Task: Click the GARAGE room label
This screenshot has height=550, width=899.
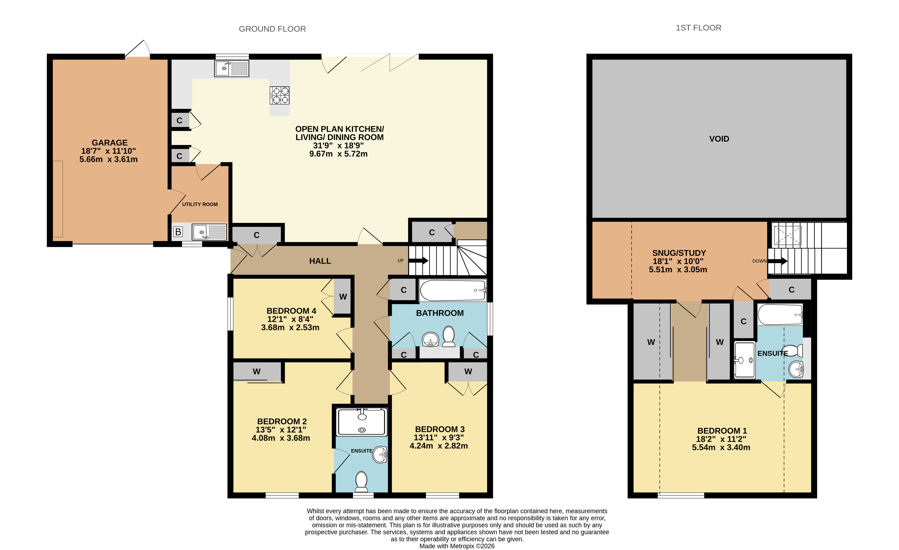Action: tap(109, 143)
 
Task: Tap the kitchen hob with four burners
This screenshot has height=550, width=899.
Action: tap(279, 96)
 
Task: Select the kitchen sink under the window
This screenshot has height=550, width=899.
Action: tap(232, 69)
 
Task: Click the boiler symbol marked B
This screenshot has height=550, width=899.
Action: tap(178, 232)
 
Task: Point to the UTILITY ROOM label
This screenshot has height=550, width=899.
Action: tap(200, 204)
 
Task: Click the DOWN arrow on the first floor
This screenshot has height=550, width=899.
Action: tap(777, 261)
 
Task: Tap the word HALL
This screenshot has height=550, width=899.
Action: tap(320, 261)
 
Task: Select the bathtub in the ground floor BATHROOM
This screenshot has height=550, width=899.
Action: tap(453, 290)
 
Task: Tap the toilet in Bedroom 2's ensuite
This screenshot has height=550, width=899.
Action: tap(361, 481)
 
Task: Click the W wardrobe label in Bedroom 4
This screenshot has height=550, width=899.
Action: tap(343, 297)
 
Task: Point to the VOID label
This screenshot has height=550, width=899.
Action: tap(719, 139)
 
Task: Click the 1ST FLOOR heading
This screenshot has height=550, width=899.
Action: tap(698, 28)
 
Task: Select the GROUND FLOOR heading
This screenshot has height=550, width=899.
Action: tap(272, 29)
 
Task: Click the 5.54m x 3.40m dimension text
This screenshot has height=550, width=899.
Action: tap(721, 448)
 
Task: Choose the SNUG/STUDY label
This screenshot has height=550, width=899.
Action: tap(679, 253)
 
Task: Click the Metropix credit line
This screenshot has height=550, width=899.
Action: tap(457, 546)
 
